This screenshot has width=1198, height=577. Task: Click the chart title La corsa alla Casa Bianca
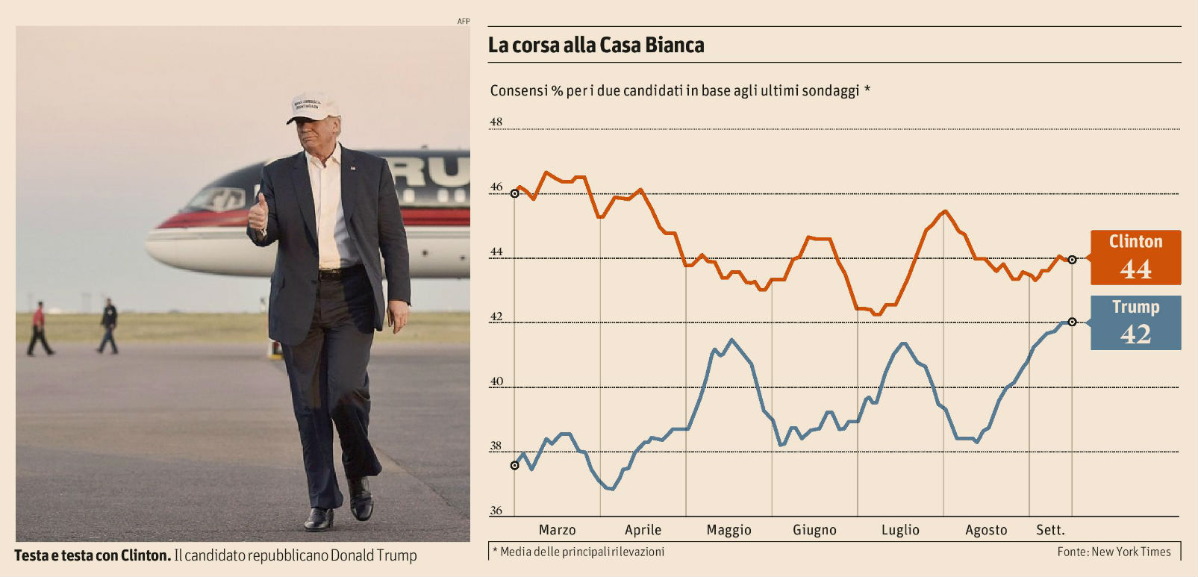pos(596,46)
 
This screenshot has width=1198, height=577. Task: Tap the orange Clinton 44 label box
pos(1135,258)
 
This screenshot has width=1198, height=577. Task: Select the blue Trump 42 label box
pos(1135,322)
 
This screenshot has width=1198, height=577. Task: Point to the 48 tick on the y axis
pos(496,122)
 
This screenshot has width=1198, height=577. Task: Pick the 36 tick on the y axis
pos(496,511)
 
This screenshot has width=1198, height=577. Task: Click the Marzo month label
pos(557,530)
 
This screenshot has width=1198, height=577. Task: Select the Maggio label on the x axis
pos(729,530)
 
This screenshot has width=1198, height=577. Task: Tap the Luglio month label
pos(900,530)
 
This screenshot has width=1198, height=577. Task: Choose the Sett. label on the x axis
pos(1050,530)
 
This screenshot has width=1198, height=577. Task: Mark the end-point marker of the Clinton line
pos(1073,260)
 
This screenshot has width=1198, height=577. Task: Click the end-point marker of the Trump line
pos(1073,322)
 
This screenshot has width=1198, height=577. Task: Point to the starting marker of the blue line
pos(514,466)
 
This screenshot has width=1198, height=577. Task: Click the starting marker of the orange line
pos(514,194)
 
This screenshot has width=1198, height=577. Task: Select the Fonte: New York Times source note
pos(1114,552)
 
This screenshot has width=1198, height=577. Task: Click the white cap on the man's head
pos(313,107)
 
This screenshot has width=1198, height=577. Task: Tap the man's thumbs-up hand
pos(258,212)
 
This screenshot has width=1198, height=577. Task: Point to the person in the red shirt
pos(38,328)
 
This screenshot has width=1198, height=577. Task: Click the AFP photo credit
pos(464,21)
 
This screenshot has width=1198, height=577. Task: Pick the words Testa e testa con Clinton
pos(93,556)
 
